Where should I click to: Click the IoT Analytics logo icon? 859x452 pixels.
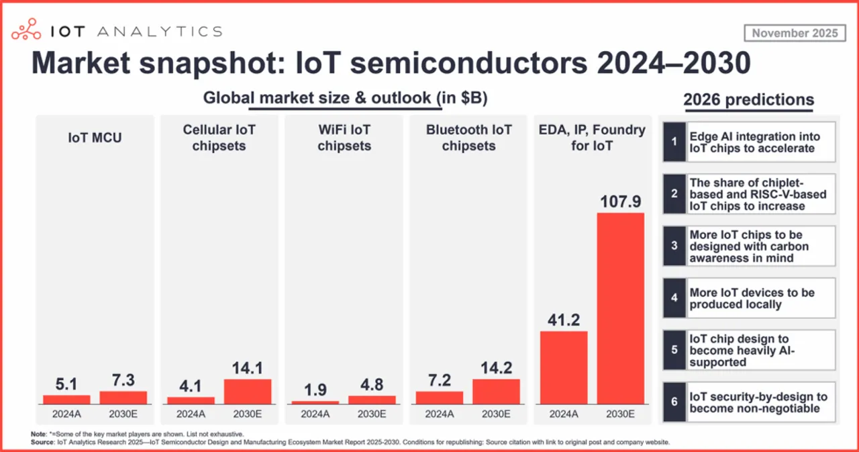[27, 30]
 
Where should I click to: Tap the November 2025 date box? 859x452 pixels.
[795, 33]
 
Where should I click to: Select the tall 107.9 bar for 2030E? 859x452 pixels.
[621, 308]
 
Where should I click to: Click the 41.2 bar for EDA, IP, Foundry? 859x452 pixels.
[564, 367]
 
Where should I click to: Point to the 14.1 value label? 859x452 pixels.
[248, 367]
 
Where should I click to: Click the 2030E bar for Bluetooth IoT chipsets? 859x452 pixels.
[496, 392]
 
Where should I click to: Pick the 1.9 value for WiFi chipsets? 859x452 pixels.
[315, 389]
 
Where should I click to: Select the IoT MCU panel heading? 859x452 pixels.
[95, 138]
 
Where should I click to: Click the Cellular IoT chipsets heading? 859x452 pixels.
[219, 137]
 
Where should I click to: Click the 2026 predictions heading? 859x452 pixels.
[748, 100]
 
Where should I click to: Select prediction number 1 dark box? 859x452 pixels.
[674, 142]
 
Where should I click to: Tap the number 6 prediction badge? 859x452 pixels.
[674, 403]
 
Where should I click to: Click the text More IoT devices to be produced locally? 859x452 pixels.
[752, 299]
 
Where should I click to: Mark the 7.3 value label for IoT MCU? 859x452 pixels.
[123, 379]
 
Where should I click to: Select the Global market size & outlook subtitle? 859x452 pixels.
[345, 98]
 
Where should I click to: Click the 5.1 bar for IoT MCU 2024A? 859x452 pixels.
[66, 399]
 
